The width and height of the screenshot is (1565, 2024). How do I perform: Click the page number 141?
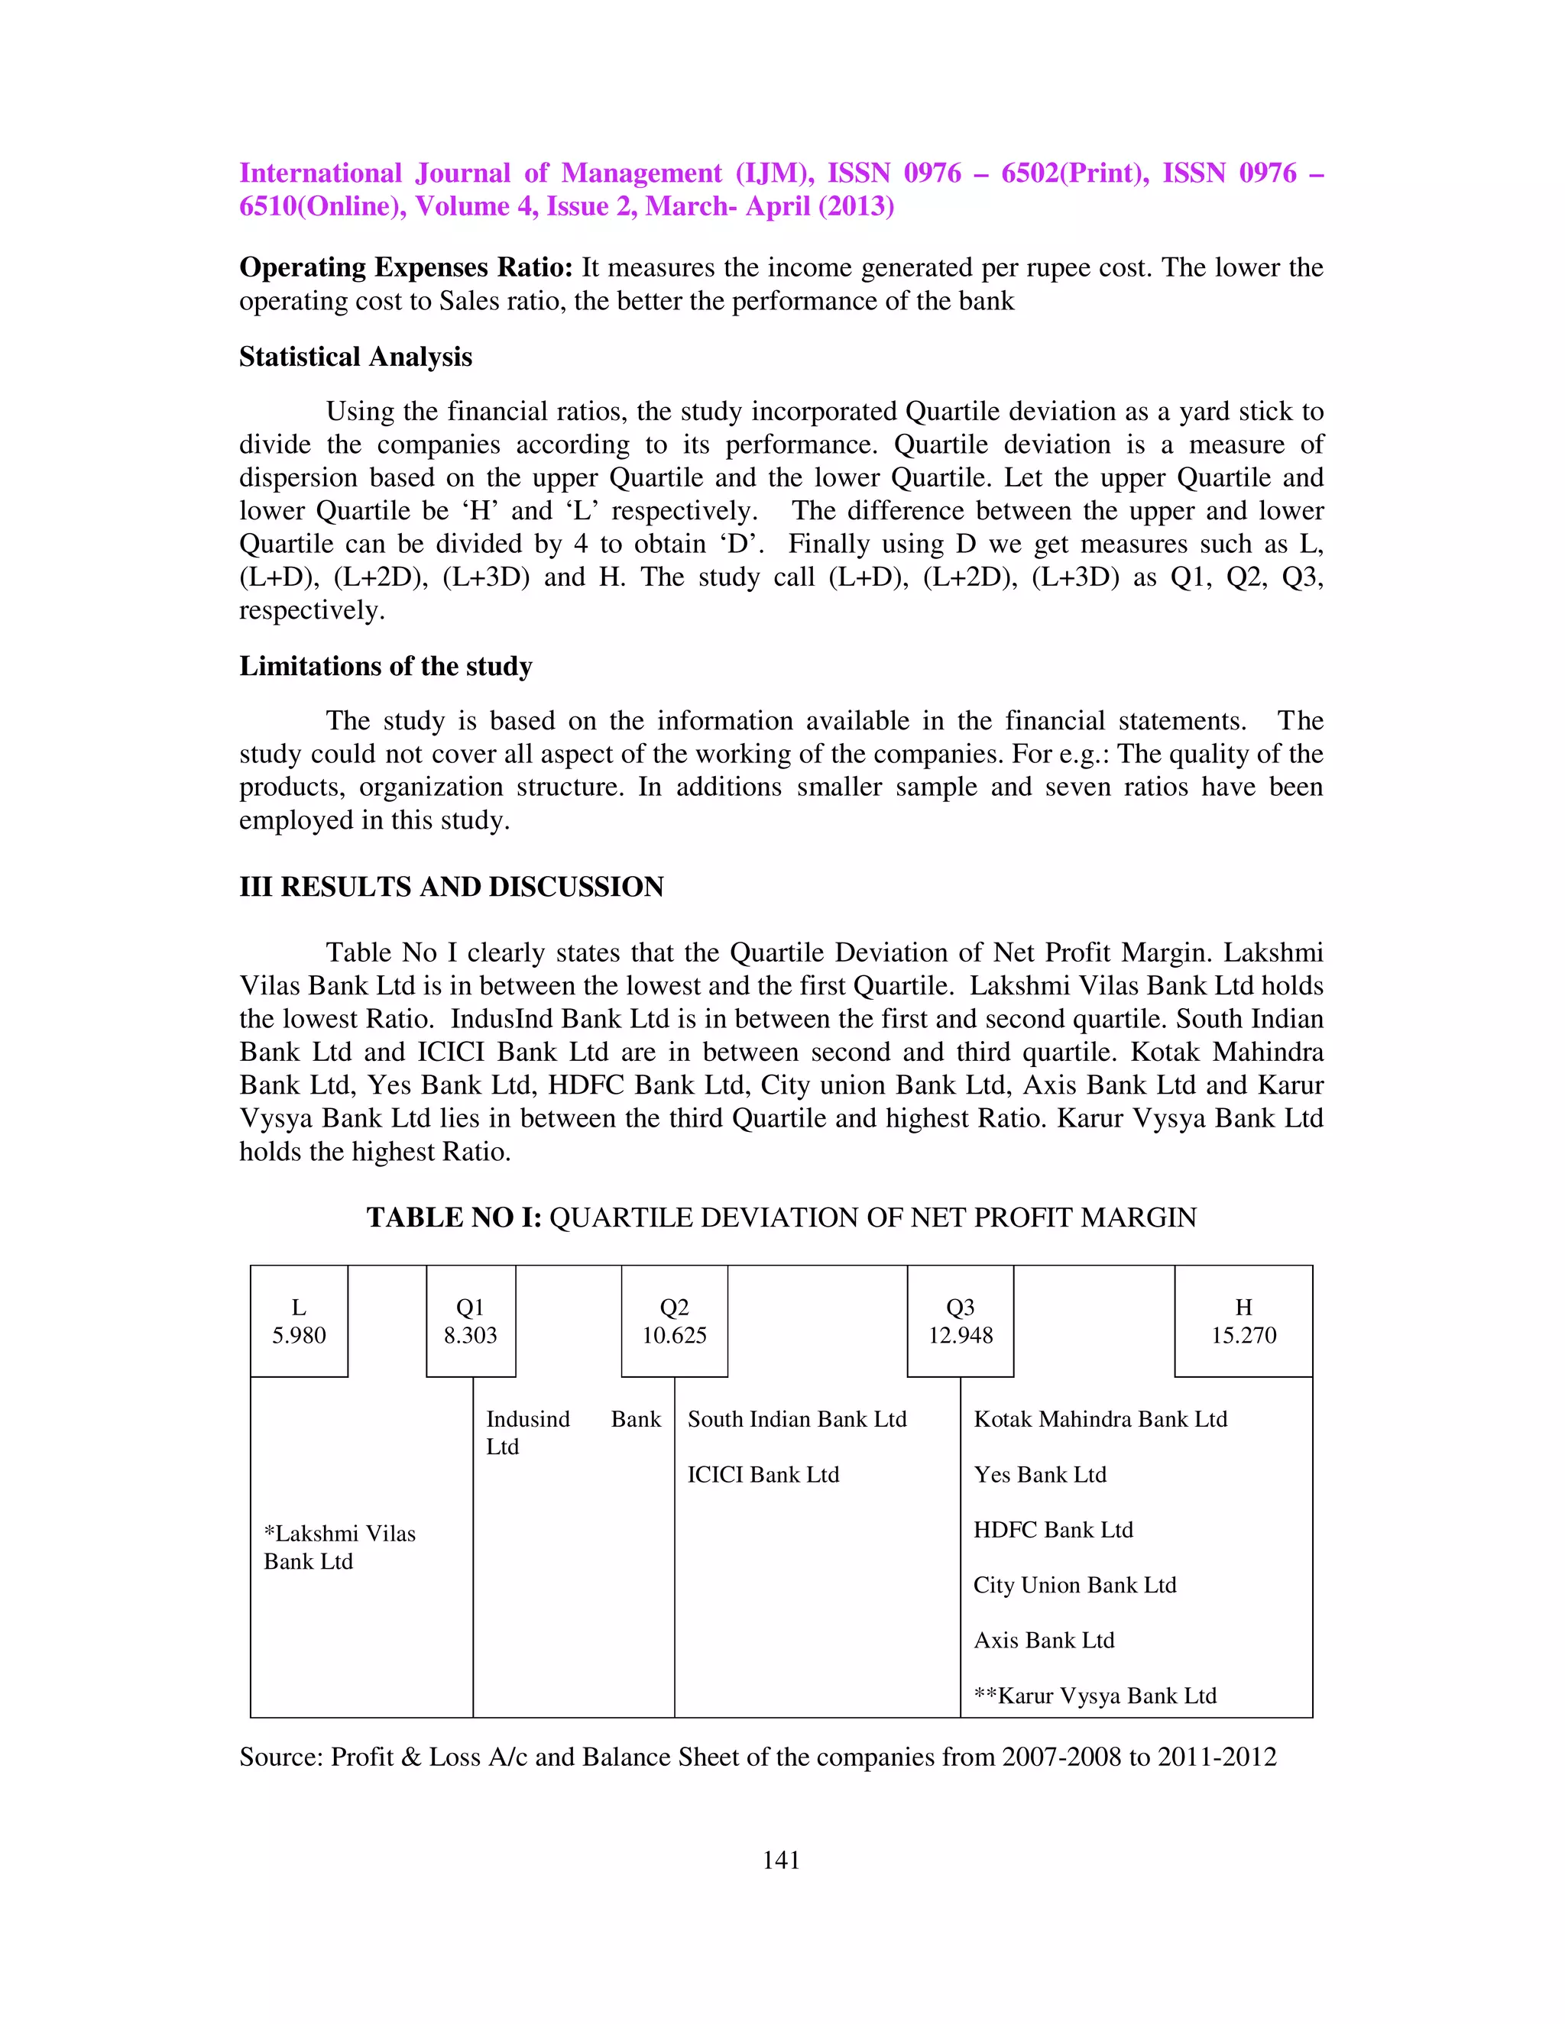point(781,1860)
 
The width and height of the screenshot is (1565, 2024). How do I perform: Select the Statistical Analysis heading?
point(355,357)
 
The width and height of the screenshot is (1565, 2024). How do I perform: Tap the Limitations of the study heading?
point(386,666)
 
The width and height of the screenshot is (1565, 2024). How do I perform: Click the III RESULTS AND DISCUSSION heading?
point(452,887)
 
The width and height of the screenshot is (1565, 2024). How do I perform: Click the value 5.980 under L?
point(299,1335)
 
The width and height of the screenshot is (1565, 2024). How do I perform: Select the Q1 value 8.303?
point(470,1335)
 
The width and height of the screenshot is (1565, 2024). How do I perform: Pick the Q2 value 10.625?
point(674,1335)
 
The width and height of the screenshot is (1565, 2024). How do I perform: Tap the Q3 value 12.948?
point(961,1335)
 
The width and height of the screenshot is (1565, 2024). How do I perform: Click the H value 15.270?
point(1243,1335)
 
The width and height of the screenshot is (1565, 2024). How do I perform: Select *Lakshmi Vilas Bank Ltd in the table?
point(339,1547)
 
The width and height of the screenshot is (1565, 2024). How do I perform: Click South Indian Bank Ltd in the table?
point(796,1420)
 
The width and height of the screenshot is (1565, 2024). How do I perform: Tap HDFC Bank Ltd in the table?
point(1053,1530)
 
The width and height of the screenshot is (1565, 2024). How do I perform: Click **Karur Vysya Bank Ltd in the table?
point(1095,1696)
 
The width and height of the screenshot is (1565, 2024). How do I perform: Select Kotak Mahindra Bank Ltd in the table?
point(1100,1420)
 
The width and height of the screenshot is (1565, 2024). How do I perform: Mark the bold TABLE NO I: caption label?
point(453,1217)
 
